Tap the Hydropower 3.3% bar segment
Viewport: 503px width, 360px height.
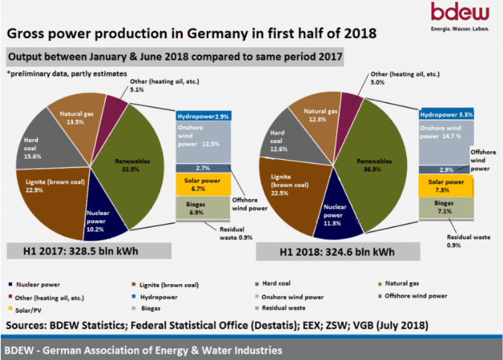(445, 115)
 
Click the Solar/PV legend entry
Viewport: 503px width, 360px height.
(28, 308)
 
